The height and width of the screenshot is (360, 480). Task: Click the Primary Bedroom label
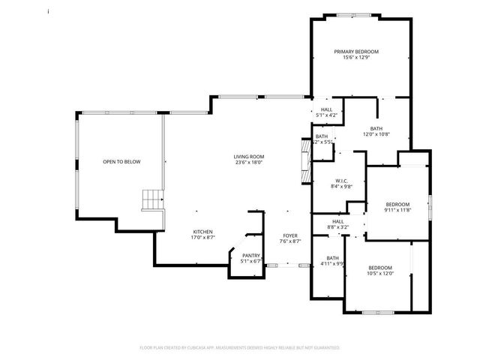(356, 52)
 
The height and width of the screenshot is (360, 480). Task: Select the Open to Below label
(121, 162)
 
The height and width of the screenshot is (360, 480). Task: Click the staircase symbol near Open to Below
(152, 199)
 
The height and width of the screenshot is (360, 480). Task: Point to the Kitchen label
(203, 231)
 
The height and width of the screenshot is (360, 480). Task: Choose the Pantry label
(250, 256)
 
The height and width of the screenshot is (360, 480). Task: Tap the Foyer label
(290, 235)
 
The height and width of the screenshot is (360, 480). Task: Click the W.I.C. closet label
(340, 181)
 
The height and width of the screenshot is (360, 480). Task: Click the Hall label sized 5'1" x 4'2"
(327, 109)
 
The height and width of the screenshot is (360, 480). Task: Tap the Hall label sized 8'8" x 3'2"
(337, 221)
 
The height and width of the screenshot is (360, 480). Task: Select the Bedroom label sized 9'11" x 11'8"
(397, 205)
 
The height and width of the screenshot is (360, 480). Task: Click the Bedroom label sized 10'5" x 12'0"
(379, 268)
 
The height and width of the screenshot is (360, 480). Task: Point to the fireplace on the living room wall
(304, 161)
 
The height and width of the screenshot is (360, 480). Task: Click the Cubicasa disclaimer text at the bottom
(240, 348)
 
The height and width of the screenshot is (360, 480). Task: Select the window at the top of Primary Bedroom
(357, 15)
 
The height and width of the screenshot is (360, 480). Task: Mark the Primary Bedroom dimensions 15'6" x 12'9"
(356, 58)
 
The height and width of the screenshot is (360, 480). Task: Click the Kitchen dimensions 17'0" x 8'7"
(203, 237)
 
